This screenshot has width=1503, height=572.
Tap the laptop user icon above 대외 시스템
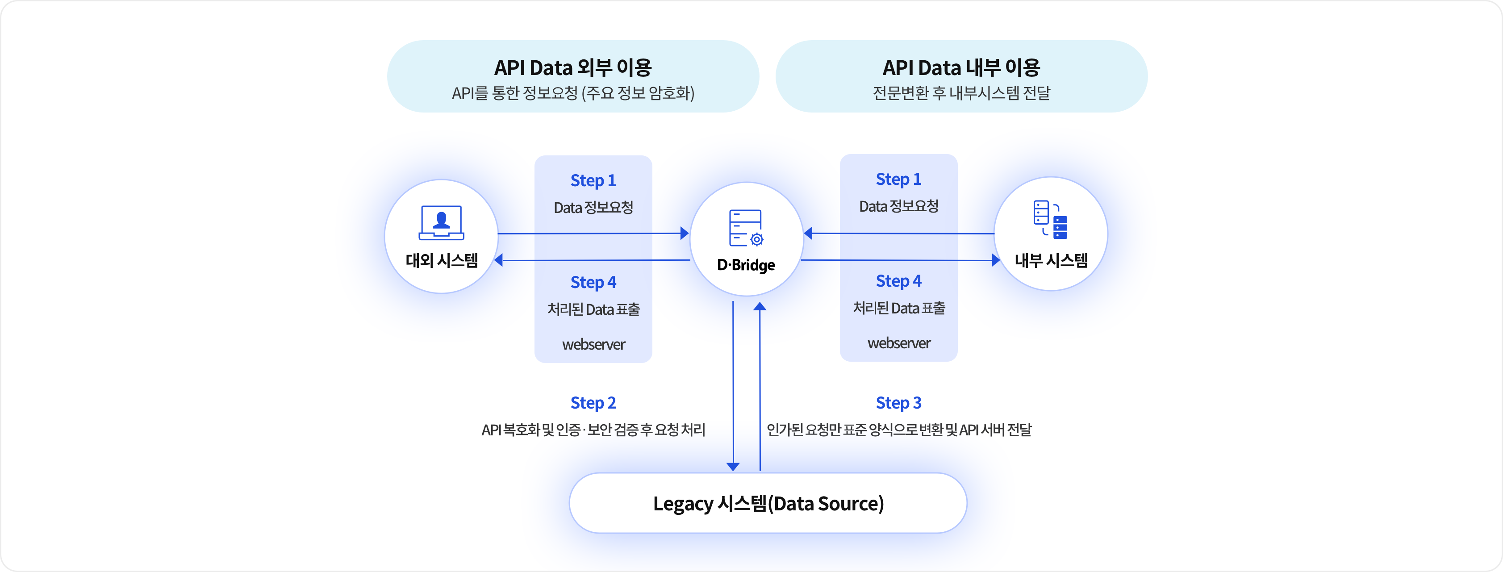[441, 222]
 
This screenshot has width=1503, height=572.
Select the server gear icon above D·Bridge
[746, 228]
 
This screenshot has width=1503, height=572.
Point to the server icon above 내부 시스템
[1050, 219]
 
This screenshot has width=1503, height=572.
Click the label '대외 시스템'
[442, 260]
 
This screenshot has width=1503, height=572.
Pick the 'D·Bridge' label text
[746, 265]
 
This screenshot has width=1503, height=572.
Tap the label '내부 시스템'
[1051, 260]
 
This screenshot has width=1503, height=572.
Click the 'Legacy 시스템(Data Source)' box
[768, 503]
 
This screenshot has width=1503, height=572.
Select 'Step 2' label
[593, 403]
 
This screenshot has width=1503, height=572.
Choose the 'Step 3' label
[898, 403]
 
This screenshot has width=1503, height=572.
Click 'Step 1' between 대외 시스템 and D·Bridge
[593, 180]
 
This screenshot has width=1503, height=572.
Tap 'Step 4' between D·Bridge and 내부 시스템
[898, 281]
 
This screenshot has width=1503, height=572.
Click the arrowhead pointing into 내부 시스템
[995, 260]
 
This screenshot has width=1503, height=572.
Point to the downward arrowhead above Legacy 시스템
[733, 466]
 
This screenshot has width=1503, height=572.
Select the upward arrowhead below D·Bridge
[760, 306]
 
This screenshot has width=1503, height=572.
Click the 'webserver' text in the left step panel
[593, 344]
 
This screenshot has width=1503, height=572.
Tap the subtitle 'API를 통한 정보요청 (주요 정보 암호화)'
[572, 93]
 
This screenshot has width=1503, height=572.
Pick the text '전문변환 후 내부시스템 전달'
[961, 93]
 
